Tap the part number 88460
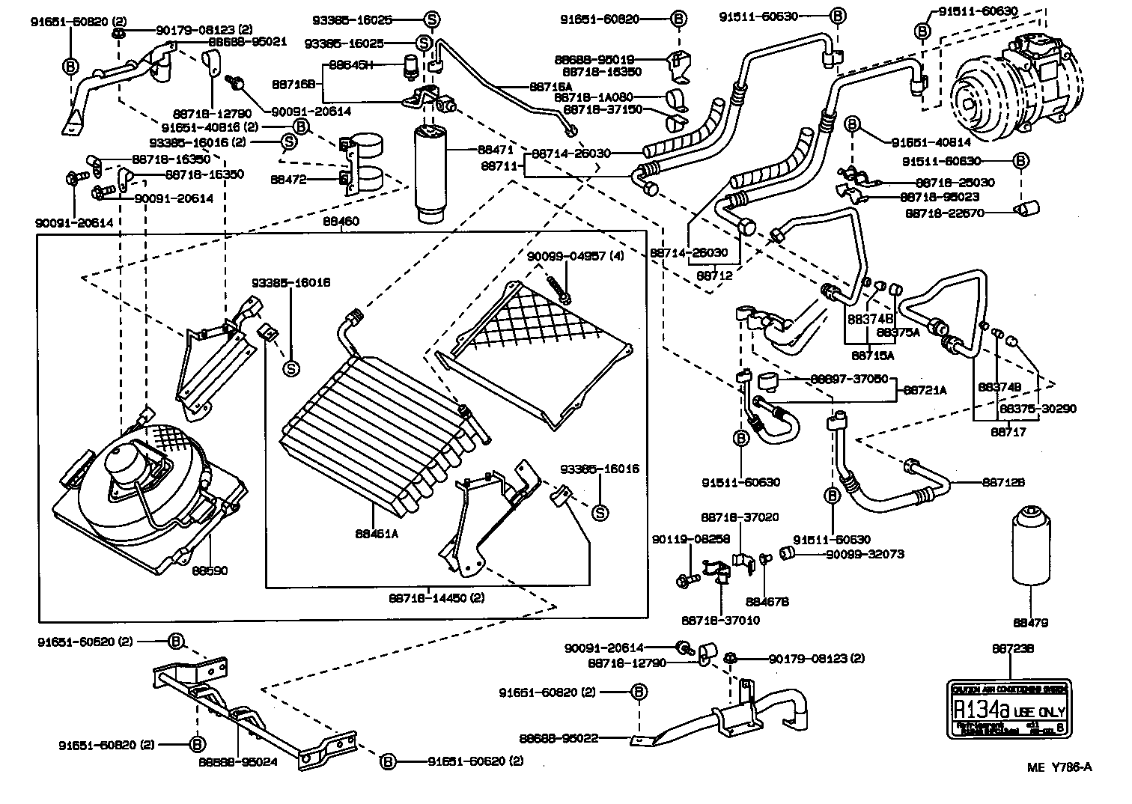click(341, 222)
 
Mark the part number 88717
click(1008, 432)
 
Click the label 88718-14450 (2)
click(436, 597)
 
